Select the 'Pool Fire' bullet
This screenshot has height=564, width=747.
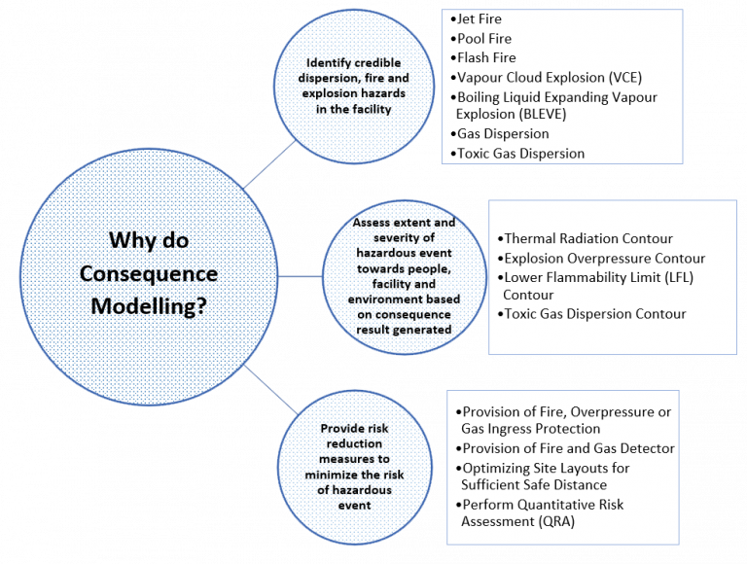[481, 39]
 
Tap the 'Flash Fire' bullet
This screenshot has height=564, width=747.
[483, 57]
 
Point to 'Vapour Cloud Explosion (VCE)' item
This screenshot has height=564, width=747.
[547, 78]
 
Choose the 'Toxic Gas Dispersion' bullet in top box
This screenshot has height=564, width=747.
[517, 154]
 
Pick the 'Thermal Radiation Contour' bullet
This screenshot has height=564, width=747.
[586, 238]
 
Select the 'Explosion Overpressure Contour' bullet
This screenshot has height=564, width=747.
[601, 259]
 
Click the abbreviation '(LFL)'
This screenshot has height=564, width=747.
[679, 277]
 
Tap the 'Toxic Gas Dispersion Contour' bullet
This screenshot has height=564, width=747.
[592, 314]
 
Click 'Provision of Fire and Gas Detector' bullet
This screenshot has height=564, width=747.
[565, 448]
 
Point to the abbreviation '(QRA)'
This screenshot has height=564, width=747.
[557, 521]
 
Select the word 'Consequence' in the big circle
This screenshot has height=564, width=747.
[149, 274]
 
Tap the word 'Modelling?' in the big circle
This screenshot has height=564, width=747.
[149, 306]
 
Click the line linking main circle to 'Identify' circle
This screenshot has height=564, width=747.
[269, 164]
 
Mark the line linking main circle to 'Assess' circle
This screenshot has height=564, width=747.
[301, 276]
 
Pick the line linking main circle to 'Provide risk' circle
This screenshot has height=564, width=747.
[271, 390]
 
